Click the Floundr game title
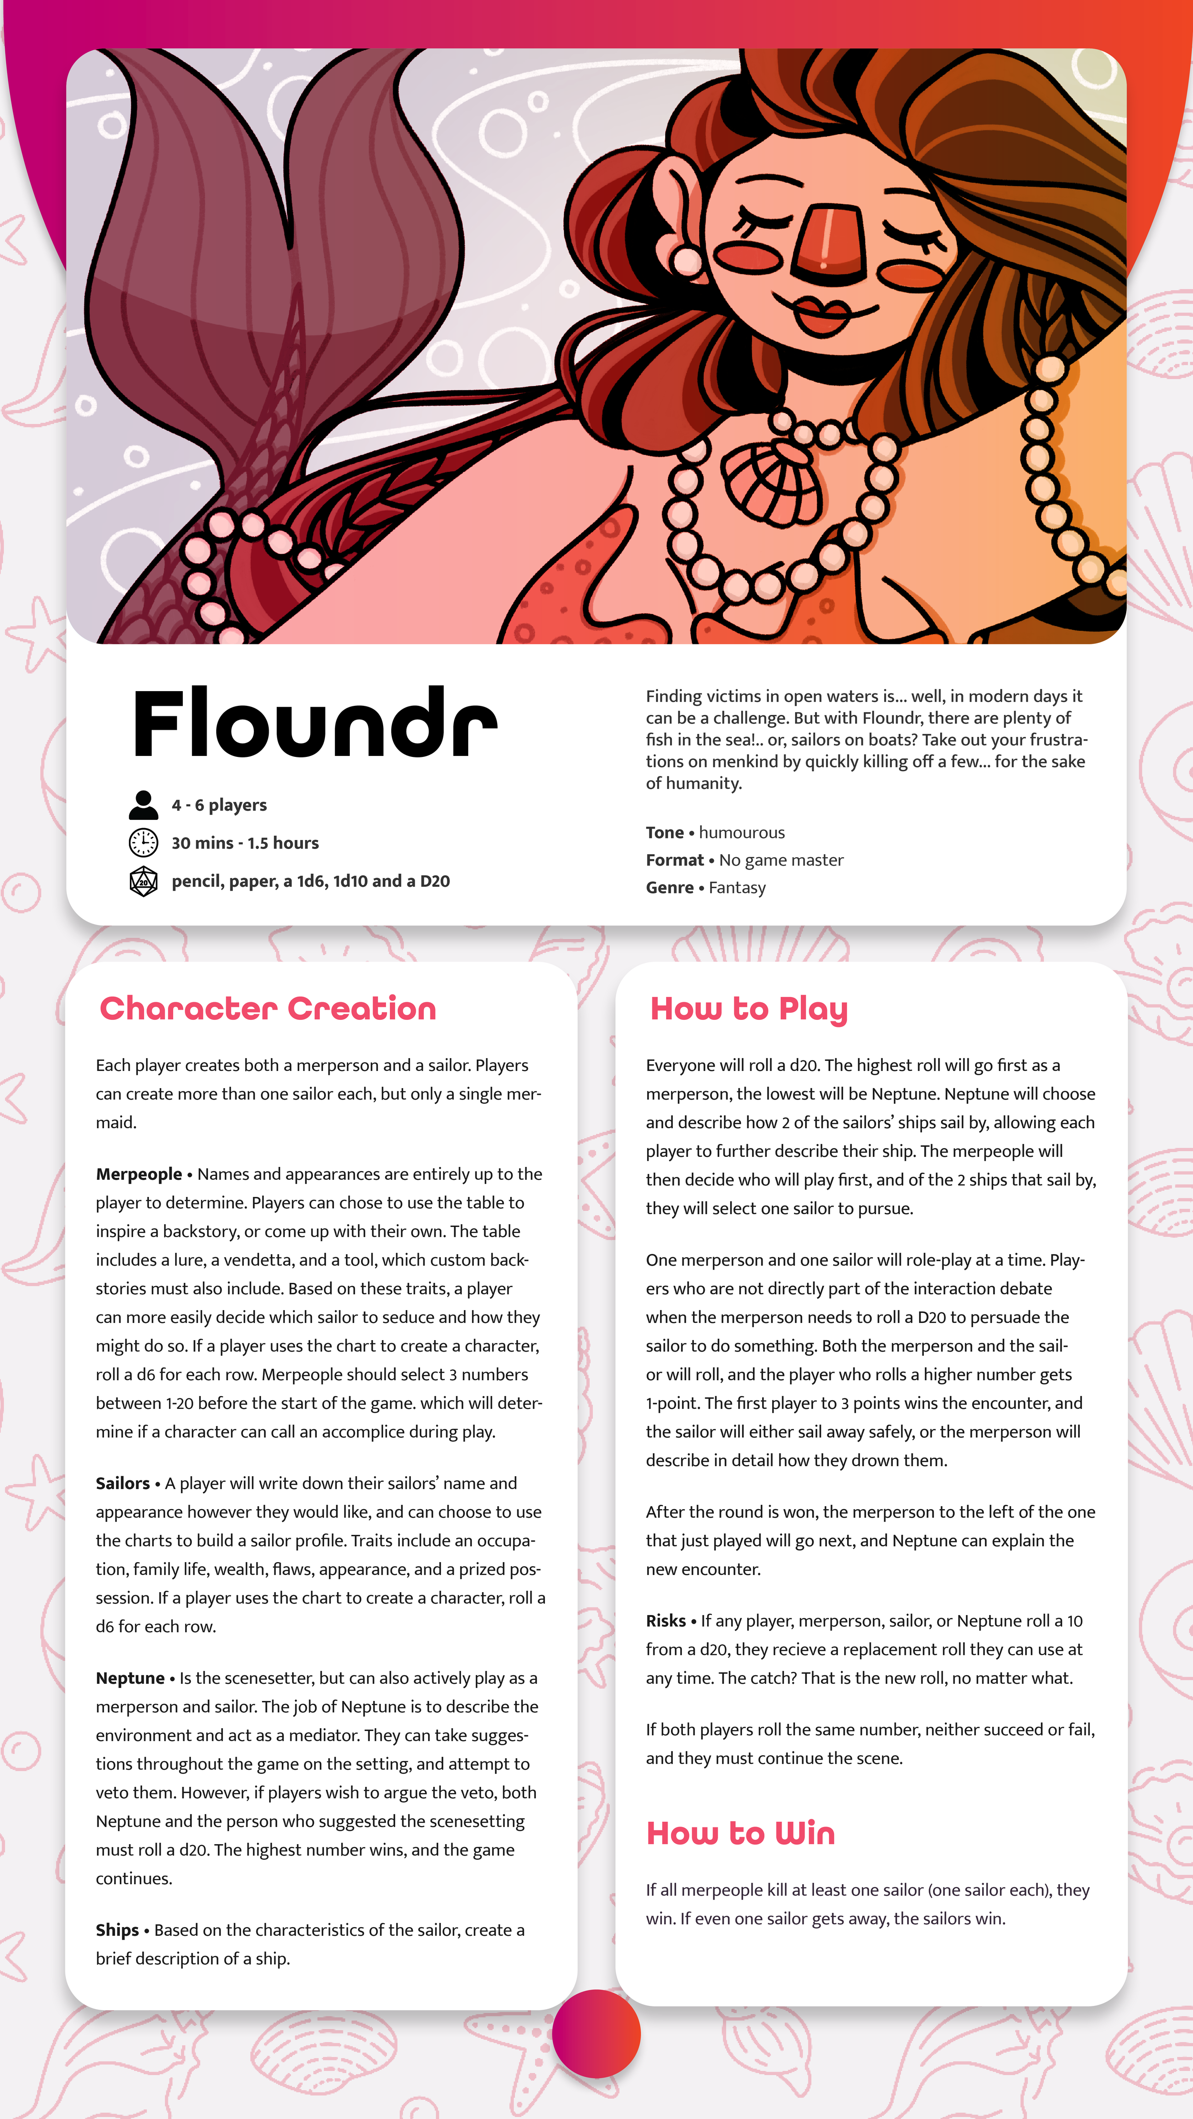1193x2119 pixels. tap(314, 724)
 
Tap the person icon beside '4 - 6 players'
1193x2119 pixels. tap(143, 805)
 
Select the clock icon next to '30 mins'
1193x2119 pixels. tap(143, 842)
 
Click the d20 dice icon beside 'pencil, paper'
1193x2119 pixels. tap(143, 881)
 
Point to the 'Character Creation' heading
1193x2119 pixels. tap(267, 1008)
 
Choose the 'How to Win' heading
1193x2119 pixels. tap(741, 1834)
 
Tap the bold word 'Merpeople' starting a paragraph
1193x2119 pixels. tap(139, 1174)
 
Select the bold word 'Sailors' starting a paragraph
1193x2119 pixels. tap(123, 1483)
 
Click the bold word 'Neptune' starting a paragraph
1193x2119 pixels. tap(130, 1678)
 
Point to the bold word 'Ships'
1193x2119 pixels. tap(117, 1930)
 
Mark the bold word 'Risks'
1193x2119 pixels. tap(666, 1620)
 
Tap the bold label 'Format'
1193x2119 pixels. tap(675, 860)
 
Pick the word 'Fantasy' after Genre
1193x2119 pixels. tap(737, 888)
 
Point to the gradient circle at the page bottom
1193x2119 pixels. tap(596, 2034)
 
